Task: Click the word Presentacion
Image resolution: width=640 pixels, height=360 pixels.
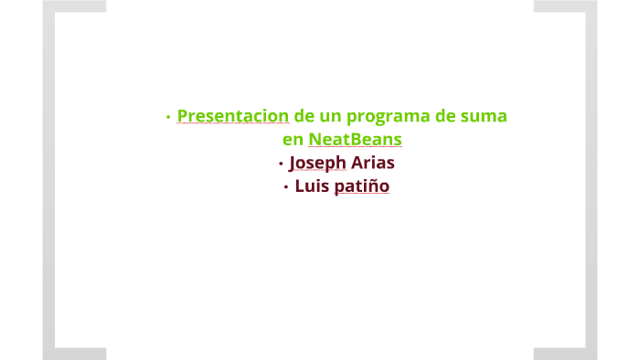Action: coord(233,117)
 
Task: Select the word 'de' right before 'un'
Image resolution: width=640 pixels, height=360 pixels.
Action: coord(304,117)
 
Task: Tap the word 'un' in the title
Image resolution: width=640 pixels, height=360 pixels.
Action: coord(330,117)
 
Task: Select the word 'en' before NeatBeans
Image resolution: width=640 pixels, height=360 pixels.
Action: coord(293,141)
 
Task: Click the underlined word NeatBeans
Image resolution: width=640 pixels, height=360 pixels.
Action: coord(355,141)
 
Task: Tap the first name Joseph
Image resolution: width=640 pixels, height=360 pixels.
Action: coord(317,164)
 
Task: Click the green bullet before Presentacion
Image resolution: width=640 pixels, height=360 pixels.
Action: coord(168,118)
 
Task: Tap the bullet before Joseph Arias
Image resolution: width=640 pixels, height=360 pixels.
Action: coord(281,164)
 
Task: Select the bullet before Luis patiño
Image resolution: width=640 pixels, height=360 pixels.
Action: coord(286,187)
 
